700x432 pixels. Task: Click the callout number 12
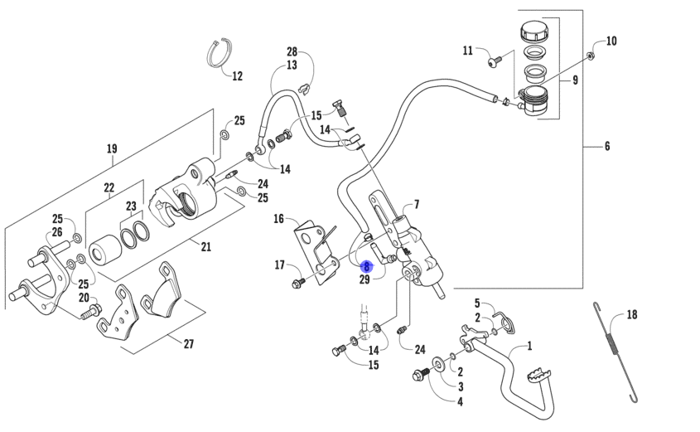click(x=238, y=76)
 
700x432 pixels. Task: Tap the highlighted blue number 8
click(x=366, y=267)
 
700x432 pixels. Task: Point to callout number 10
click(x=611, y=41)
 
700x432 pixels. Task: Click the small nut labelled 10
click(x=590, y=56)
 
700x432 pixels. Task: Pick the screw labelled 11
click(x=495, y=61)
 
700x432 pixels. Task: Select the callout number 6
click(x=607, y=146)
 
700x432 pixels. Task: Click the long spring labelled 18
click(x=616, y=352)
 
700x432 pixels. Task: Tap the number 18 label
click(x=632, y=315)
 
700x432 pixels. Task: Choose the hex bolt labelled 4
click(x=420, y=373)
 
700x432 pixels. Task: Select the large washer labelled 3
click(x=437, y=364)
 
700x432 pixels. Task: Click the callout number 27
click(x=189, y=343)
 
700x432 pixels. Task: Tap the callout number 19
click(x=112, y=148)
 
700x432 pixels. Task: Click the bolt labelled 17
click(x=297, y=283)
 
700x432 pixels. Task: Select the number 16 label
click(x=278, y=219)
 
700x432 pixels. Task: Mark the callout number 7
click(x=417, y=205)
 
